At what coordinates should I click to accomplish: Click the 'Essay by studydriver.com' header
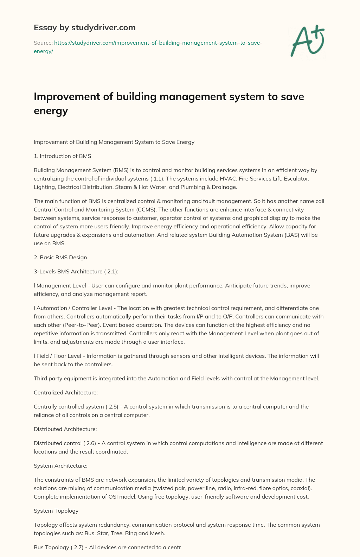(85, 27)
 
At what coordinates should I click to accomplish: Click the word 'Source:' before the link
(43, 43)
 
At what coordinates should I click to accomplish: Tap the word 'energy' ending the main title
(51, 111)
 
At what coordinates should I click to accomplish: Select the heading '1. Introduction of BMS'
(62, 156)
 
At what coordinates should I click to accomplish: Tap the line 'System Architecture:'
(60, 466)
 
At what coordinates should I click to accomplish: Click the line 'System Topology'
(56, 511)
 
